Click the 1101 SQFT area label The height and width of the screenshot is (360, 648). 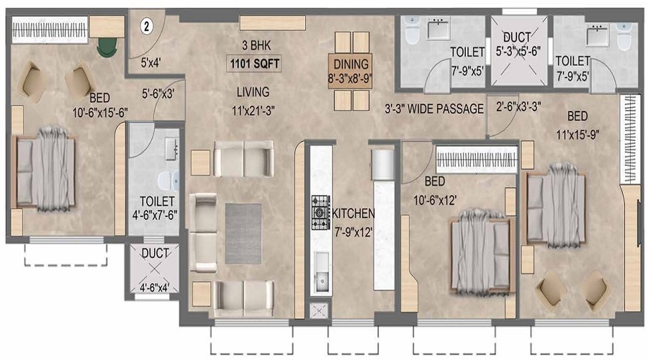pyautogui.click(x=255, y=63)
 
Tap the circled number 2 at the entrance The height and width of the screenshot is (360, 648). pyautogui.click(x=146, y=27)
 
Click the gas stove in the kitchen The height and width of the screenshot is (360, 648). pyautogui.click(x=320, y=212)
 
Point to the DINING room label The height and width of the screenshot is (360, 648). pyautogui.click(x=351, y=64)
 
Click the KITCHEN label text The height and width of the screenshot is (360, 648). pyautogui.click(x=354, y=214)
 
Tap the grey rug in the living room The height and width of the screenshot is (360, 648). pyautogui.click(x=243, y=233)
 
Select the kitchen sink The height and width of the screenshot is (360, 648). pyautogui.click(x=322, y=273)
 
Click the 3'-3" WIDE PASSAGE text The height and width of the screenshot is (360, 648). pyautogui.click(x=434, y=109)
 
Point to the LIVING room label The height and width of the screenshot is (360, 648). pyautogui.click(x=253, y=92)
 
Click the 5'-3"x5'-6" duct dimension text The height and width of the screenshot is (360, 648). pyautogui.click(x=518, y=52)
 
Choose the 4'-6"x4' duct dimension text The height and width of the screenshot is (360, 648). pyautogui.click(x=154, y=287)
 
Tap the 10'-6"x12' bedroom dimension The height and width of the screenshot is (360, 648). pyautogui.click(x=435, y=200)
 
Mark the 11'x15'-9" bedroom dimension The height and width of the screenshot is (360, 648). pyautogui.click(x=577, y=135)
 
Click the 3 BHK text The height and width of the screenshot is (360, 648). pyautogui.click(x=256, y=45)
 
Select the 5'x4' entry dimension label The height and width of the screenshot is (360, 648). pyautogui.click(x=151, y=63)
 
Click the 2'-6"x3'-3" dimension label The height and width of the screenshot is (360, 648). pyautogui.click(x=518, y=107)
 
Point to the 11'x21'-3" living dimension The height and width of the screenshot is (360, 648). pyautogui.click(x=253, y=111)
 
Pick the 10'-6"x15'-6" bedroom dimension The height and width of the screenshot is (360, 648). pyautogui.click(x=100, y=112)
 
